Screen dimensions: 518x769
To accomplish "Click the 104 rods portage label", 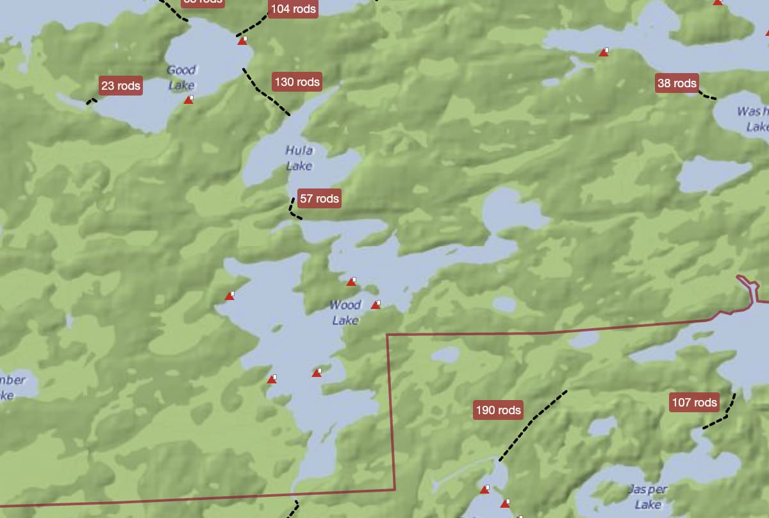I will pyautogui.click(x=293, y=9).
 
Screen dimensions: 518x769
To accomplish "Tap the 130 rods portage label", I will pyautogui.click(x=296, y=82).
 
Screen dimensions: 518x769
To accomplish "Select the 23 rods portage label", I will pyautogui.click(x=120, y=85).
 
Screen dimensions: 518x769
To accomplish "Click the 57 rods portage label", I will pyautogui.click(x=319, y=199).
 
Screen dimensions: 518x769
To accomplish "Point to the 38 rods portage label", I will pyautogui.click(x=677, y=83).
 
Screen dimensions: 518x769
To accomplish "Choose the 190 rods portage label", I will pyautogui.click(x=498, y=410).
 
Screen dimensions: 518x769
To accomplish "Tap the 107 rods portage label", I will pyautogui.click(x=695, y=403).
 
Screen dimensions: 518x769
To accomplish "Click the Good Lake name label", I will pyautogui.click(x=181, y=78).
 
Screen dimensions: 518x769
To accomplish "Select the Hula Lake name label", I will pyautogui.click(x=299, y=158).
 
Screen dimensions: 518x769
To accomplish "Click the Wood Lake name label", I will pyautogui.click(x=346, y=312).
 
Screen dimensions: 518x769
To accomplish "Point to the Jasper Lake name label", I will pyautogui.click(x=647, y=497).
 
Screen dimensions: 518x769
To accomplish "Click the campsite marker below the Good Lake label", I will pyautogui.click(x=188, y=99).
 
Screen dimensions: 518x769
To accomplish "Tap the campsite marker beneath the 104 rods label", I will pyautogui.click(x=242, y=41).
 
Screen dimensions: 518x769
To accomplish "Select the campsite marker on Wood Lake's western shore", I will pyautogui.click(x=229, y=296).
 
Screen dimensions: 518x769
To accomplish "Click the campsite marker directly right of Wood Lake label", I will pyautogui.click(x=376, y=305).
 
